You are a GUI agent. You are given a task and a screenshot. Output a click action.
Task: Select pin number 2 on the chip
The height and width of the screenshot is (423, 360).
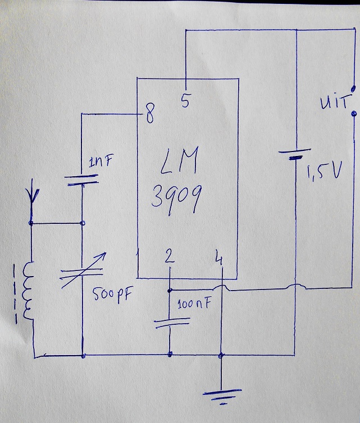(x=170, y=258)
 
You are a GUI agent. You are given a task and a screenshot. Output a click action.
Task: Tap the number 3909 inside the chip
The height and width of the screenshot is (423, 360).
(x=174, y=199)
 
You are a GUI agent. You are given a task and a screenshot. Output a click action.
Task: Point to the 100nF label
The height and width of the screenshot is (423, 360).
(x=194, y=306)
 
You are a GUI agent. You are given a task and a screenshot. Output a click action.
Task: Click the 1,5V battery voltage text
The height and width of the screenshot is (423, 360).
(x=323, y=173)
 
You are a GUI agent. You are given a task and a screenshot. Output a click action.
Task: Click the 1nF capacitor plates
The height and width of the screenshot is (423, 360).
(x=82, y=178)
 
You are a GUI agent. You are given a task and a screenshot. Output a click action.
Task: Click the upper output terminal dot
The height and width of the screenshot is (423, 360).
(x=353, y=88)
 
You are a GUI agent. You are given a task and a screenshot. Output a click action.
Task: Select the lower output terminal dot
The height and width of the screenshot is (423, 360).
(x=353, y=114)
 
